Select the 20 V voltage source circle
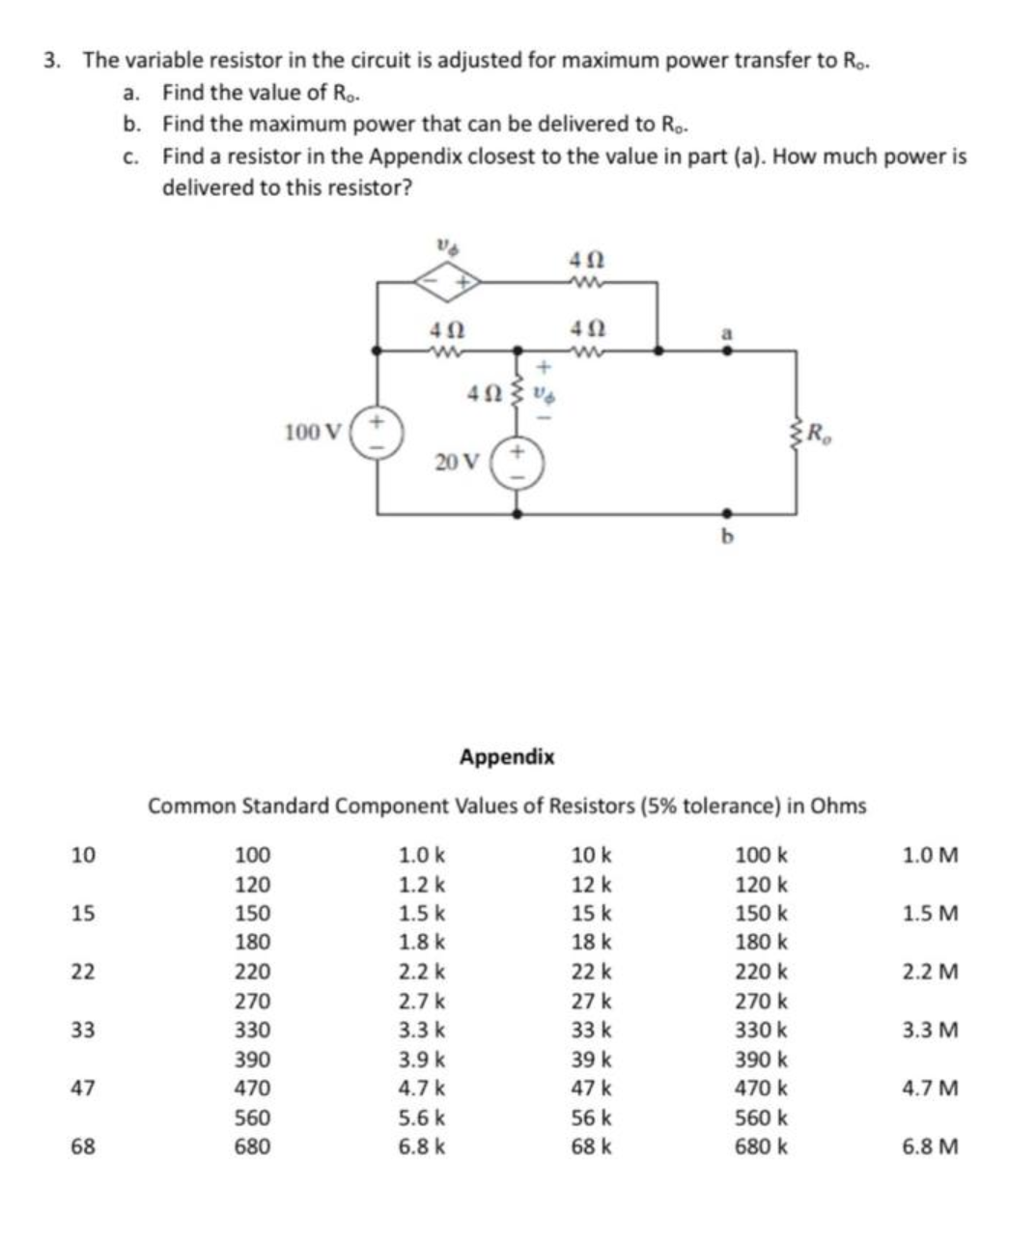coord(518,463)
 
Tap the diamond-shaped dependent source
coord(447,282)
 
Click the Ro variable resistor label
coord(818,433)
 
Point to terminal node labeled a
coord(728,351)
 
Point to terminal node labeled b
coord(728,515)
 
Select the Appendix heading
coord(507,756)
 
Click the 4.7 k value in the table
coord(422,1089)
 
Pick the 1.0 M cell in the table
coord(930,855)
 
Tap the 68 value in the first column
coord(83,1147)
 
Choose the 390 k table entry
coord(761,1060)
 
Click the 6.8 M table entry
coord(930,1147)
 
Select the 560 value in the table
coord(253,1118)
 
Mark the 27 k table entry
coord(591,1001)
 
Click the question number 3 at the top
coord(52,60)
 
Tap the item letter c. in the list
coord(133,156)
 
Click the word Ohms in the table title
coord(837,806)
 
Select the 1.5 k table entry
coord(422,914)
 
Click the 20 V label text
coord(456,463)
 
